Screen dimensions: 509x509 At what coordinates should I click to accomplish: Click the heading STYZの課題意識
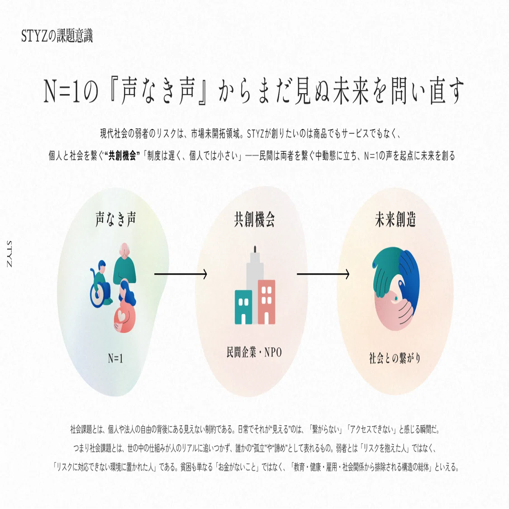(x=57, y=36)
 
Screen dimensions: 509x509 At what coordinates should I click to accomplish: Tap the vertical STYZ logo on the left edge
(x=9, y=254)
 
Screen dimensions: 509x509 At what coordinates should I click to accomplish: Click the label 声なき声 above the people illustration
(x=115, y=219)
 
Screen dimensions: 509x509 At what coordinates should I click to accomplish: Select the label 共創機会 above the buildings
(x=254, y=219)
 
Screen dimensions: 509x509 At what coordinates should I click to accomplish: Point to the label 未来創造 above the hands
(x=395, y=219)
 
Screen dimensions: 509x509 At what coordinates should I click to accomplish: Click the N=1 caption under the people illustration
(x=115, y=358)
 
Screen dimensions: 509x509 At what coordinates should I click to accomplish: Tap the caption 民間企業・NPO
(x=254, y=352)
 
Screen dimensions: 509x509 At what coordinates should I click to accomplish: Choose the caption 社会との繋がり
(x=395, y=358)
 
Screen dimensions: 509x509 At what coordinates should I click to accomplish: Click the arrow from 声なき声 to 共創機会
(x=181, y=274)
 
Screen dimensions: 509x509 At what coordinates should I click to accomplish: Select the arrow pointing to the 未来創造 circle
(x=323, y=274)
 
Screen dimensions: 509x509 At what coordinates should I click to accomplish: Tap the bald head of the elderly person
(x=124, y=250)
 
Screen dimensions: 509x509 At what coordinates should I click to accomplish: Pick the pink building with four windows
(x=266, y=302)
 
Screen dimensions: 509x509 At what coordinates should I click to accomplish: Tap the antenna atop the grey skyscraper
(x=255, y=249)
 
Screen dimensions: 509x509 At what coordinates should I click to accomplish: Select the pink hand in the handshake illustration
(x=393, y=312)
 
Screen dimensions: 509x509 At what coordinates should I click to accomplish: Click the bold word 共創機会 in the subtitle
(x=122, y=156)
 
